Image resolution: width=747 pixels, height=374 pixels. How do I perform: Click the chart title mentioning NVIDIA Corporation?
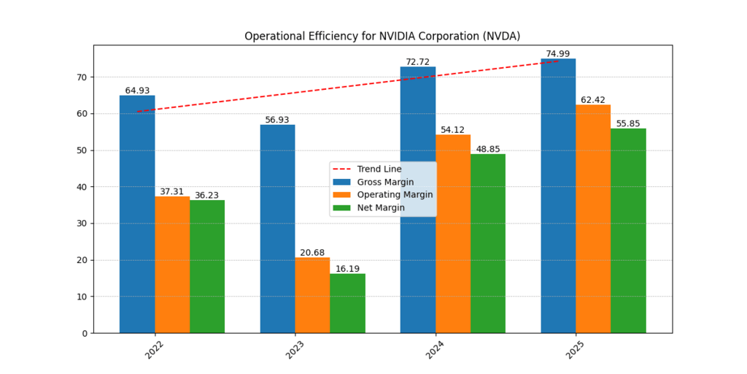[x=382, y=36]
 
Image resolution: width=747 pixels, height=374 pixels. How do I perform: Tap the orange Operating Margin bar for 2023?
[x=312, y=295]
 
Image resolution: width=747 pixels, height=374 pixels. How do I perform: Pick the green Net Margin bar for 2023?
[x=347, y=303]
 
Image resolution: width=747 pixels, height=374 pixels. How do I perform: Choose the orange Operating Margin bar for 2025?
[x=593, y=218]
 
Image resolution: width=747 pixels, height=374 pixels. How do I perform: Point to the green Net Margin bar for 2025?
[x=628, y=231]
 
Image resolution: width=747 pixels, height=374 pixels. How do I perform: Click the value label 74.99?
[x=558, y=54]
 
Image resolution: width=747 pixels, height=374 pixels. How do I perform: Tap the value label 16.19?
[x=347, y=269]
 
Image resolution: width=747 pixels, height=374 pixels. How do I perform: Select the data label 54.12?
[x=453, y=130]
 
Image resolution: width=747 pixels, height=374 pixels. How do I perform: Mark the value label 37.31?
[x=172, y=191]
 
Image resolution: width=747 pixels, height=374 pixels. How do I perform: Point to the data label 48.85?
[x=488, y=149]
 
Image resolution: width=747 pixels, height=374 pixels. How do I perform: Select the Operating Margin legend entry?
[x=394, y=195]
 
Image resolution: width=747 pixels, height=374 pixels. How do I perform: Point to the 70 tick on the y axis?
[x=81, y=77]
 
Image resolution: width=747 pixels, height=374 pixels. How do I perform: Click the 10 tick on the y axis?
[x=81, y=297]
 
